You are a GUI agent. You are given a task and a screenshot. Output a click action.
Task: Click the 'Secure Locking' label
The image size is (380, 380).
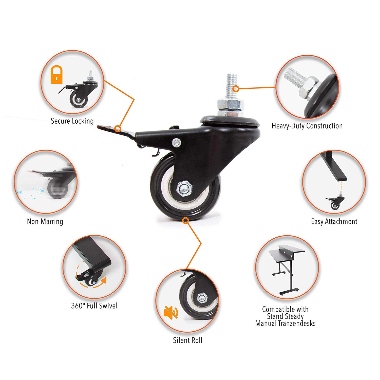(72, 121)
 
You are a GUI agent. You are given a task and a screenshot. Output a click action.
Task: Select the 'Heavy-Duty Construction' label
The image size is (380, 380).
(307, 126)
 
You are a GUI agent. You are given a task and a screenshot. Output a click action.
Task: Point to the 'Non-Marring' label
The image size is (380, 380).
(45, 221)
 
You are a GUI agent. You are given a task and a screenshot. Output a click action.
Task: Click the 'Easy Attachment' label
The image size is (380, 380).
(334, 221)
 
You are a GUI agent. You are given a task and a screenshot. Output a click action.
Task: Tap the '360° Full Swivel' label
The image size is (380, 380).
(94, 306)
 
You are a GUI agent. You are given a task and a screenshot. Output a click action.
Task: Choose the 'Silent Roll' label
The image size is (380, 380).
(188, 340)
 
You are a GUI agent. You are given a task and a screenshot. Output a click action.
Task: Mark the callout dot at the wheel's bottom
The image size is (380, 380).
(186, 221)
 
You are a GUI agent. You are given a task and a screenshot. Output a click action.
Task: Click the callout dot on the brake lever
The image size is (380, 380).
(117, 129)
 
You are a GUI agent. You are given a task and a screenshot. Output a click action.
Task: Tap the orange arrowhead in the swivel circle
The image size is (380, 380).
(104, 280)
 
